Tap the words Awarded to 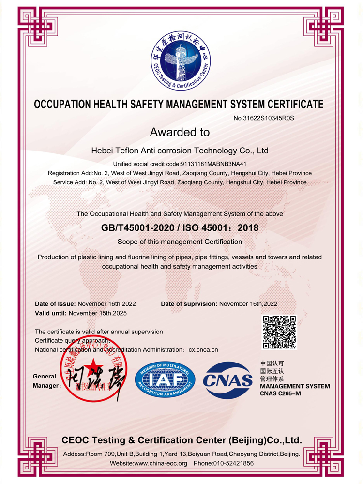[180, 132]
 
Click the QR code [279, 332]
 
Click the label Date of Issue [55, 304]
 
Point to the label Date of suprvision [189, 304]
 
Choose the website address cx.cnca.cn [203, 349]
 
